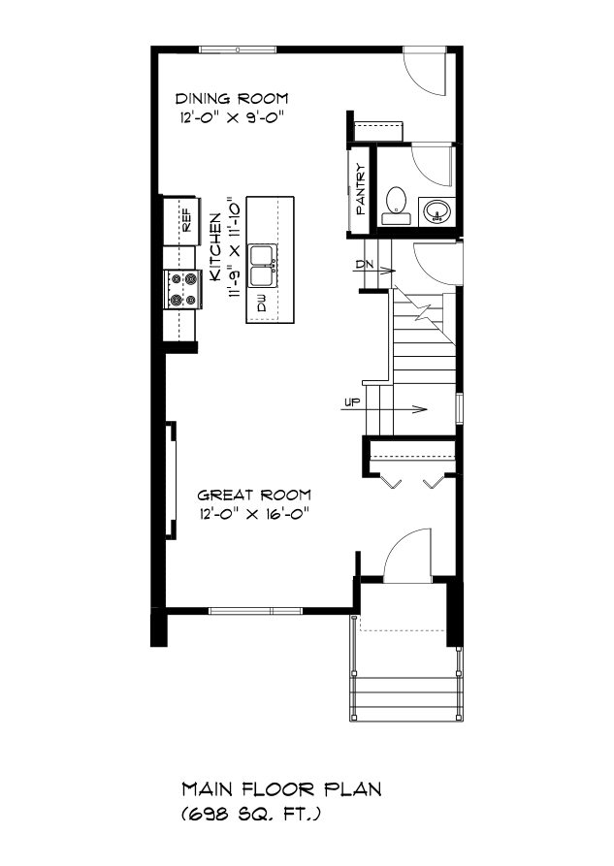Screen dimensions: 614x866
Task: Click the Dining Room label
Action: [x=232, y=99]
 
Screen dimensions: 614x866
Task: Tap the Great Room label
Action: [x=254, y=495]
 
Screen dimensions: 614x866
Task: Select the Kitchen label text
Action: [x=215, y=249]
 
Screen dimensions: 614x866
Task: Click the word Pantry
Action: [x=361, y=189]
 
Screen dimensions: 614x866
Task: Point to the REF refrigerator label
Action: [x=186, y=219]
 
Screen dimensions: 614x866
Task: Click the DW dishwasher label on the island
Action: [x=261, y=304]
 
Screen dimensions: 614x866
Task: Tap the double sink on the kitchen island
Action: [x=262, y=266]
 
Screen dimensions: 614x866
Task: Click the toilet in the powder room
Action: [x=396, y=206]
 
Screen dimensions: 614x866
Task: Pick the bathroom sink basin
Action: [x=437, y=211]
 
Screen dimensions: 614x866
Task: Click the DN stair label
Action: [x=364, y=264]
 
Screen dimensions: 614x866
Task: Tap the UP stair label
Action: [x=352, y=402]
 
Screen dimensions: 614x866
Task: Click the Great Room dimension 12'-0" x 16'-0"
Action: [x=254, y=514]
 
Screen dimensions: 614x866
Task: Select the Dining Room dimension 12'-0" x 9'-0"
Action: [x=232, y=117]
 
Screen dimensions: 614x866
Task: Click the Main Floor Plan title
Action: [x=282, y=789]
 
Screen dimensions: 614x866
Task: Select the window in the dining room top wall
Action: [x=238, y=50]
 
